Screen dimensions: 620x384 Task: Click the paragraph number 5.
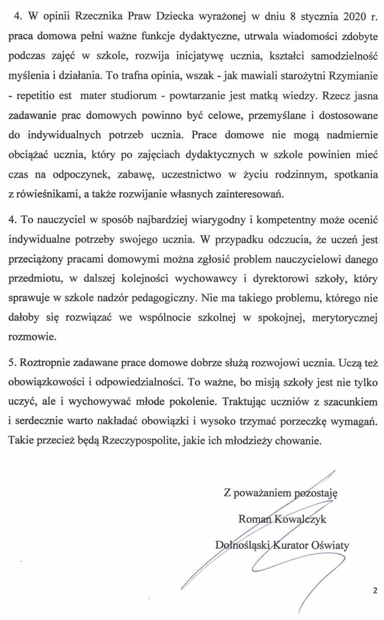11,363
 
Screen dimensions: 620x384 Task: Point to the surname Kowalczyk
300,519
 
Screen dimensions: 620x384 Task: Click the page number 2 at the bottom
375,591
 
